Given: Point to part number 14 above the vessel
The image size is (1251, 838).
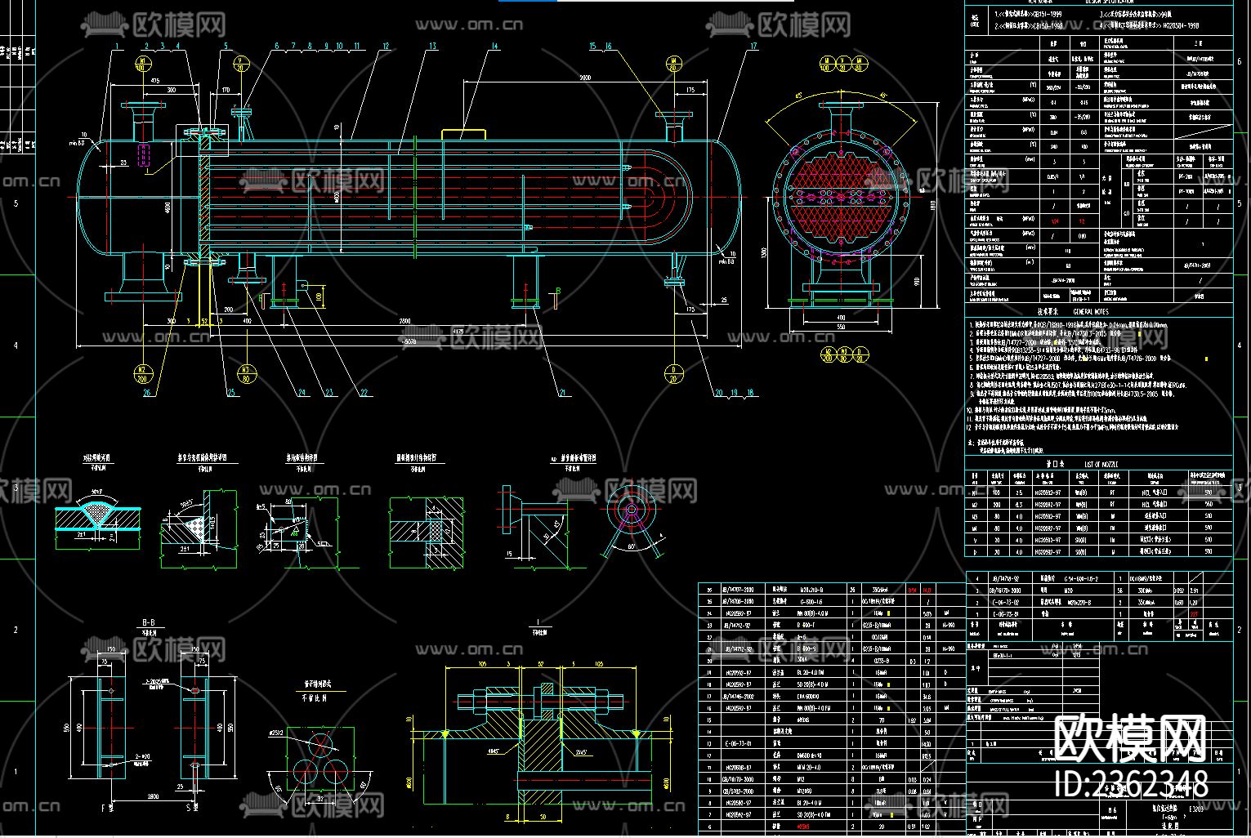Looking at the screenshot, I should point(494,47).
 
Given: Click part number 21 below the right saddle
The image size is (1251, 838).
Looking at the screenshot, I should point(561,393).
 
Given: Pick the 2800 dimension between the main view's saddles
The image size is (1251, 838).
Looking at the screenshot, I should point(405,321).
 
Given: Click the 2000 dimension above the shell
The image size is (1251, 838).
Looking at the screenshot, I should point(584,77).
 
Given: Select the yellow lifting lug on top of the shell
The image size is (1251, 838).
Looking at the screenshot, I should point(463,133).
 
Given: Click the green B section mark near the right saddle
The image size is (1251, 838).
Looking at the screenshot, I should point(558,291).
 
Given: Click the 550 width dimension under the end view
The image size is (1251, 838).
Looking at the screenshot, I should point(841,326).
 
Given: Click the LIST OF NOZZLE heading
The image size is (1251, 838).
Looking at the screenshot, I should point(1101,464).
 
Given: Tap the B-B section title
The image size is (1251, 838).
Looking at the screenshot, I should point(148,622).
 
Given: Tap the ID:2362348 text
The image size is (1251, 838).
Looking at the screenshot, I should point(1132,784).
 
